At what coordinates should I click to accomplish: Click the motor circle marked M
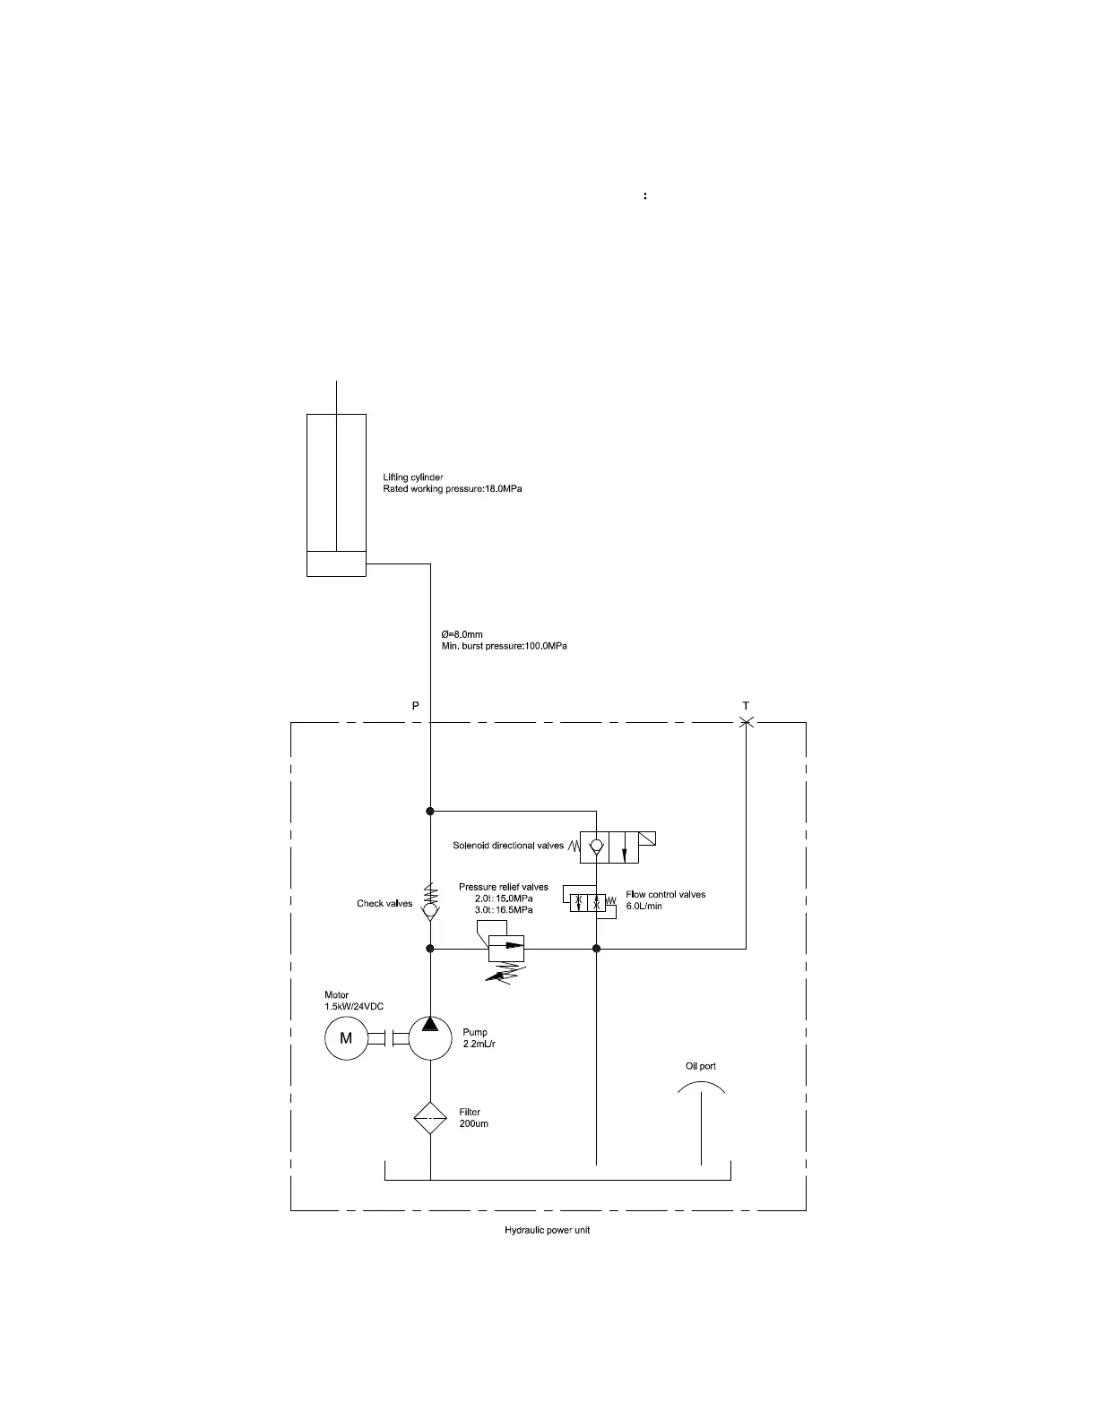pos(346,1038)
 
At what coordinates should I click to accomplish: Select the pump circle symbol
pos(430,1037)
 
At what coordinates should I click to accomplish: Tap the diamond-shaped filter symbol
pos(430,1118)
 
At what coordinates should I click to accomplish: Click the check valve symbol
pos(430,910)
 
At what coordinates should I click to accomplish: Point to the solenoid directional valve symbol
pos(610,847)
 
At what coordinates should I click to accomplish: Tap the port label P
pos(415,706)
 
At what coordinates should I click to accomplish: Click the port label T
pos(746,706)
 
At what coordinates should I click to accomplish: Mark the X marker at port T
pos(746,721)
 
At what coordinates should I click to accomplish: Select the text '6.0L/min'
pos(644,906)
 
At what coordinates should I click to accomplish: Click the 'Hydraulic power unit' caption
pos(547,1230)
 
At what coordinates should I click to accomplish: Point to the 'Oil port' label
pos(701,1066)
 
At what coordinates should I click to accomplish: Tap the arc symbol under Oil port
pos(701,1086)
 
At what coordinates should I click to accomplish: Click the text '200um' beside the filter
pos(473,1123)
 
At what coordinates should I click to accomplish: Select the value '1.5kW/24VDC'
pos(354,1006)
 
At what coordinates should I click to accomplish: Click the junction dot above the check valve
pos(430,811)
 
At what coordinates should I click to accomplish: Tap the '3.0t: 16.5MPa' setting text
pos(504,910)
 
